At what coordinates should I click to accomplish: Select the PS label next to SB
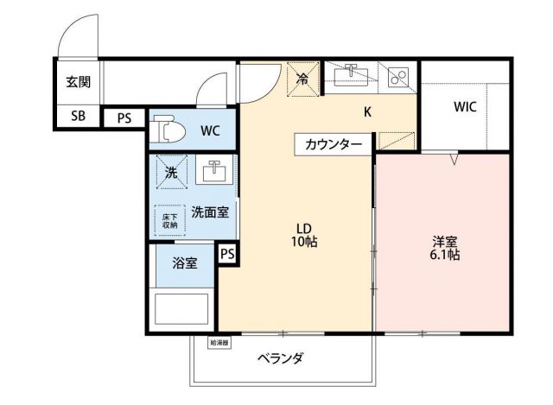pyautogui.click(x=124, y=118)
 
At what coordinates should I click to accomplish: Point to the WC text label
pyautogui.click(x=211, y=131)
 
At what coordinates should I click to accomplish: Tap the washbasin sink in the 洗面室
pyautogui.click(x=213, y=171)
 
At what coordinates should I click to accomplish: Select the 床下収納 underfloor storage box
pyautogui.click(x=168, y=219)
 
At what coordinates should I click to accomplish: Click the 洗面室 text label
pyautogui.click(x=210, y=212)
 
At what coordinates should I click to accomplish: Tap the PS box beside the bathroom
pyautogui.click(x=226, y=254)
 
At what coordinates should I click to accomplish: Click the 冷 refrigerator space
pyautogui.click(x=302, y=79)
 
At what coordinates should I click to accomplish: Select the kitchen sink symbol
pyautogui.click(x=353, y=77)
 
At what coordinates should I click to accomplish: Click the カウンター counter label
pyautogui.click(x=334, y=144)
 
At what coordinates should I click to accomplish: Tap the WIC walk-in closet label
pyautogui.click(x=465, y=108)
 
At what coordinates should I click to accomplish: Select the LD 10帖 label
pyautogui.click(x=305, y=236)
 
